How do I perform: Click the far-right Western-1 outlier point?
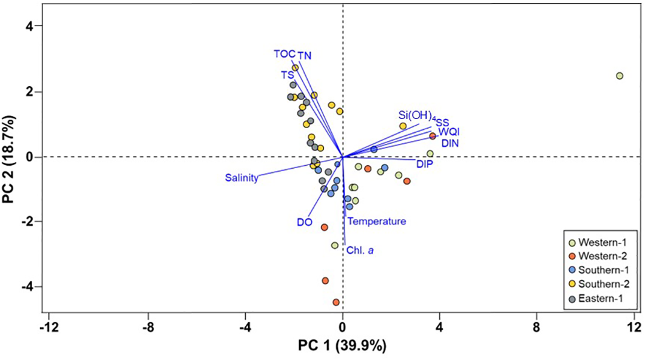pos(620,76)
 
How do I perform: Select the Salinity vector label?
pos(241,178)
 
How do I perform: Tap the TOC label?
pos(284,53)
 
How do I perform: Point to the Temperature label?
pos(376,222)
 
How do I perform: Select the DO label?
pos(305,222)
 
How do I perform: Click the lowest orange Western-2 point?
pos(336,302)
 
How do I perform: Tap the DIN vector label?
pos(450,143)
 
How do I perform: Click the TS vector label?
pos(287,75)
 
